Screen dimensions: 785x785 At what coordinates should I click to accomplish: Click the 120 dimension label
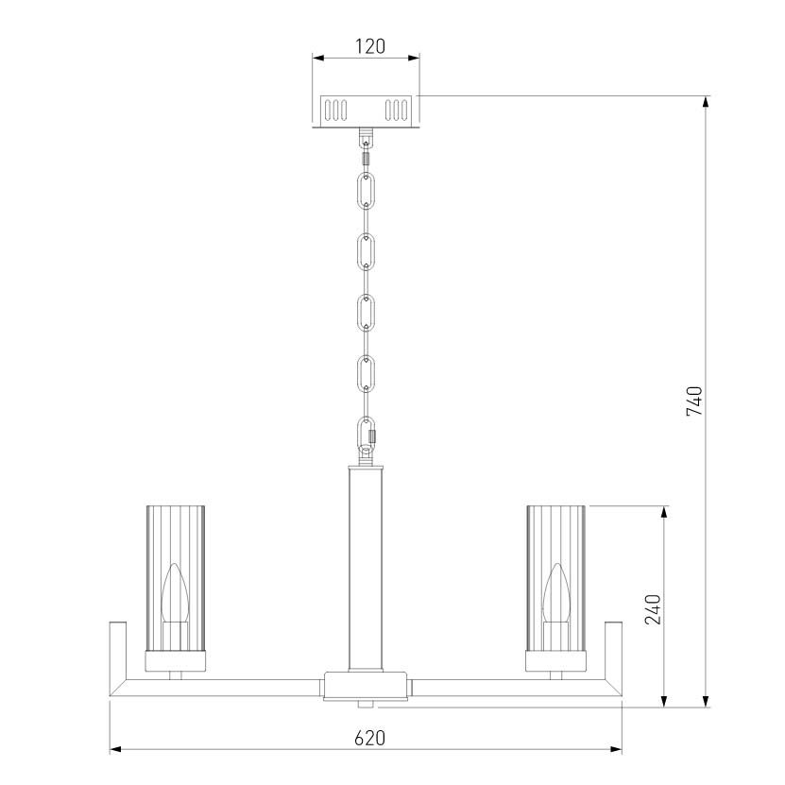point(370,46)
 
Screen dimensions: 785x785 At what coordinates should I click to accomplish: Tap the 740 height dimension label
point(694,401)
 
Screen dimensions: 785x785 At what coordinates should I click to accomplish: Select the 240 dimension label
point(653,609)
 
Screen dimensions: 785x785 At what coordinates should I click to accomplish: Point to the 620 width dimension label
point(370,738)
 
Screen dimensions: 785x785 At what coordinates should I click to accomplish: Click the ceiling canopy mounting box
point(366,111)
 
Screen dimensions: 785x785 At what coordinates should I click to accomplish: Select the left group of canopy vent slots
point(335,111)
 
